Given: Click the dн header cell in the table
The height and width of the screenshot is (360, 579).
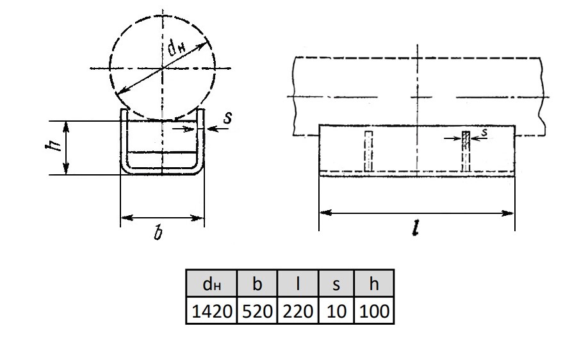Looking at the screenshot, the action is point(211,283).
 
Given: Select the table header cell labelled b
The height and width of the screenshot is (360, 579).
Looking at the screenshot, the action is point(257,283).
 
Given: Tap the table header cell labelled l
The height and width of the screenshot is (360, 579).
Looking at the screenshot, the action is point(297,283).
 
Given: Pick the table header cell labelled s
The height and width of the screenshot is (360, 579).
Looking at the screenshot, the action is point(336,283).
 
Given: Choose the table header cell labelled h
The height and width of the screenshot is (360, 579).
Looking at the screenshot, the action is point(373,283).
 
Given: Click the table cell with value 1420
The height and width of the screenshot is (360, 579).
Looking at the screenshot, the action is point(211,311).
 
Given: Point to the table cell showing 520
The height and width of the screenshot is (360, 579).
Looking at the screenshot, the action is point(257,311).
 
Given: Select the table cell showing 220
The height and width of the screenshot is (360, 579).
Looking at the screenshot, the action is point(297,311).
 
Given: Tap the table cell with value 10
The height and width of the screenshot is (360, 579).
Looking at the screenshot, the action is point(336,311).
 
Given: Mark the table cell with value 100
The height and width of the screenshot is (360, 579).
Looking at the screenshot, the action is point(373,311).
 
